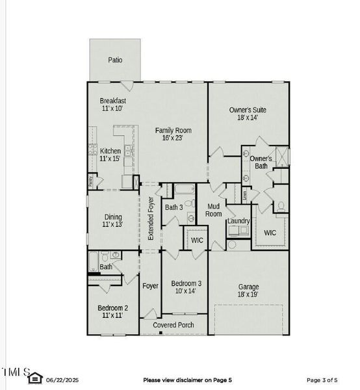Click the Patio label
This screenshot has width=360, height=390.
pos(115,60)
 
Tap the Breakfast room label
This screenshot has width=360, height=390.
pos(112,101)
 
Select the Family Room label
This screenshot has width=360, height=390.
pos(173,131)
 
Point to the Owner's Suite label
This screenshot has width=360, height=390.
pos(248,110)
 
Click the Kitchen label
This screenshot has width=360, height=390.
pos(110,151)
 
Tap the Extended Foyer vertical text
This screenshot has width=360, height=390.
pos(151,218)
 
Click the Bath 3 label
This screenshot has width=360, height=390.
pos(174,207)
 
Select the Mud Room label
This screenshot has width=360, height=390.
pos(214,210)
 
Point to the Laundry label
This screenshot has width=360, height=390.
pos(238,221)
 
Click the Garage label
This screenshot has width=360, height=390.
pos(248,287)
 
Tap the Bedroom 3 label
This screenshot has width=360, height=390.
pos(186,283)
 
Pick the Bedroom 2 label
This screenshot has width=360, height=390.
pos(112,307)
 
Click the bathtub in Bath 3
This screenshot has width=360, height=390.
pos(185,190)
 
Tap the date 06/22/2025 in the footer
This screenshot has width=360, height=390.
pos(62,380)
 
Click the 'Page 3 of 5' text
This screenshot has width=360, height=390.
pos(322,380)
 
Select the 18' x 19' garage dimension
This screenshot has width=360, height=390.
pos(248,294)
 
